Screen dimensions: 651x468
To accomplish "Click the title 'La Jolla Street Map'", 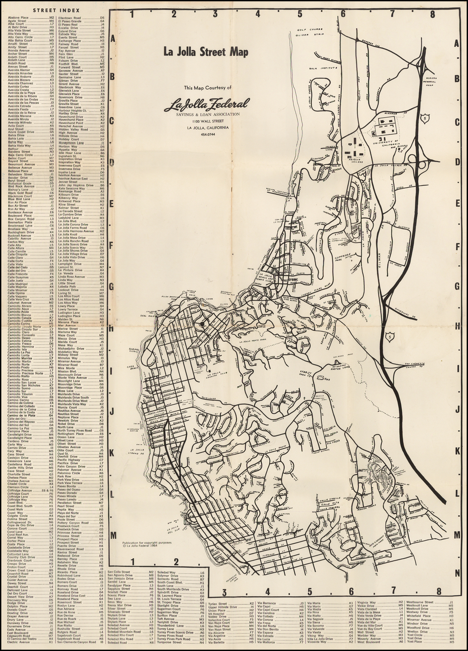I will click(206, 52).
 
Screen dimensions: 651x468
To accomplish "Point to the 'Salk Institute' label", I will click(320, 68).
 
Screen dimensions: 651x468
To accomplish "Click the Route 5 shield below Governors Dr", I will click(389, 337).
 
